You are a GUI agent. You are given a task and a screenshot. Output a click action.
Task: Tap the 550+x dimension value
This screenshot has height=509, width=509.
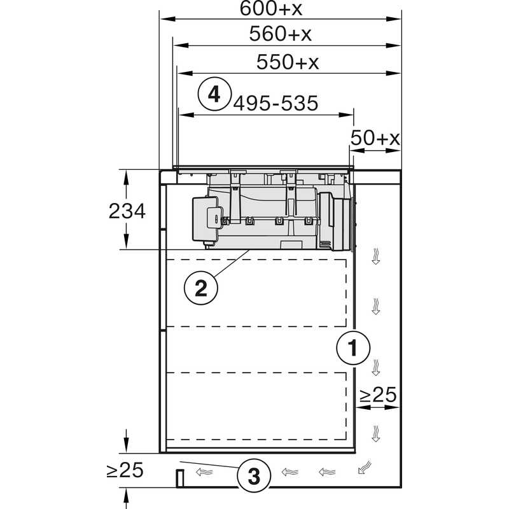287,62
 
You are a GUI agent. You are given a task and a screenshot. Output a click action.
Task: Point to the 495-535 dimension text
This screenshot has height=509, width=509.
275,103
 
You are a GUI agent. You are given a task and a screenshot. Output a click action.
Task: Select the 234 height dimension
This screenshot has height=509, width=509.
127,211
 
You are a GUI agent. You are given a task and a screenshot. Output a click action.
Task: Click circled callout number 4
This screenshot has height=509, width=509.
214,94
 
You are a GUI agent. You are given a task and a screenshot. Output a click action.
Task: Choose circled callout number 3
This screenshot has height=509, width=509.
254,474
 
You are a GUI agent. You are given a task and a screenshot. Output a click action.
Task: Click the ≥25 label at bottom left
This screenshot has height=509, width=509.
124,471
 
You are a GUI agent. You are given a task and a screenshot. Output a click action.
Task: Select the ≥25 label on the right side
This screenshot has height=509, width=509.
378,396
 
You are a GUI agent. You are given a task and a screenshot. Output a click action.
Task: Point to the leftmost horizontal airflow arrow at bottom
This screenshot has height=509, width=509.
204,472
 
